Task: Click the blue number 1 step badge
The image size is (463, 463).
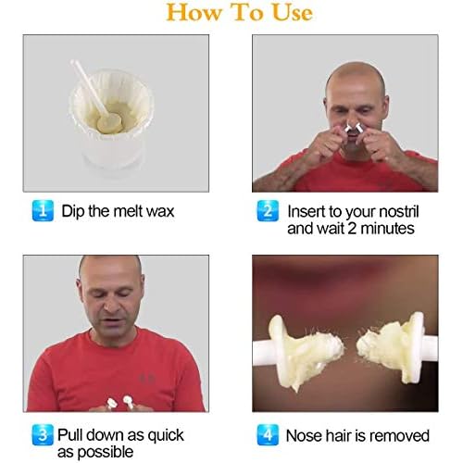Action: pos(43,211)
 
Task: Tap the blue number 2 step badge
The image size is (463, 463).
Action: pos(268,211)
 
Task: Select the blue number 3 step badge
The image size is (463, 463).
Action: pos(43,435)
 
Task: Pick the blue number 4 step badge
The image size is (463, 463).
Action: pos(268,435)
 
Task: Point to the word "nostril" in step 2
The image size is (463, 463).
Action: pos(398,211)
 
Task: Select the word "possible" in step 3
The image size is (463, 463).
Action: pos(106,453)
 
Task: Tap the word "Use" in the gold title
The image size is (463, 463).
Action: pos(293,13)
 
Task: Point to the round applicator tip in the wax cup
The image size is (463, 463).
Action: pos(109,122)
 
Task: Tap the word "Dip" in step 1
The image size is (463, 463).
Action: pos(73,212)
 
